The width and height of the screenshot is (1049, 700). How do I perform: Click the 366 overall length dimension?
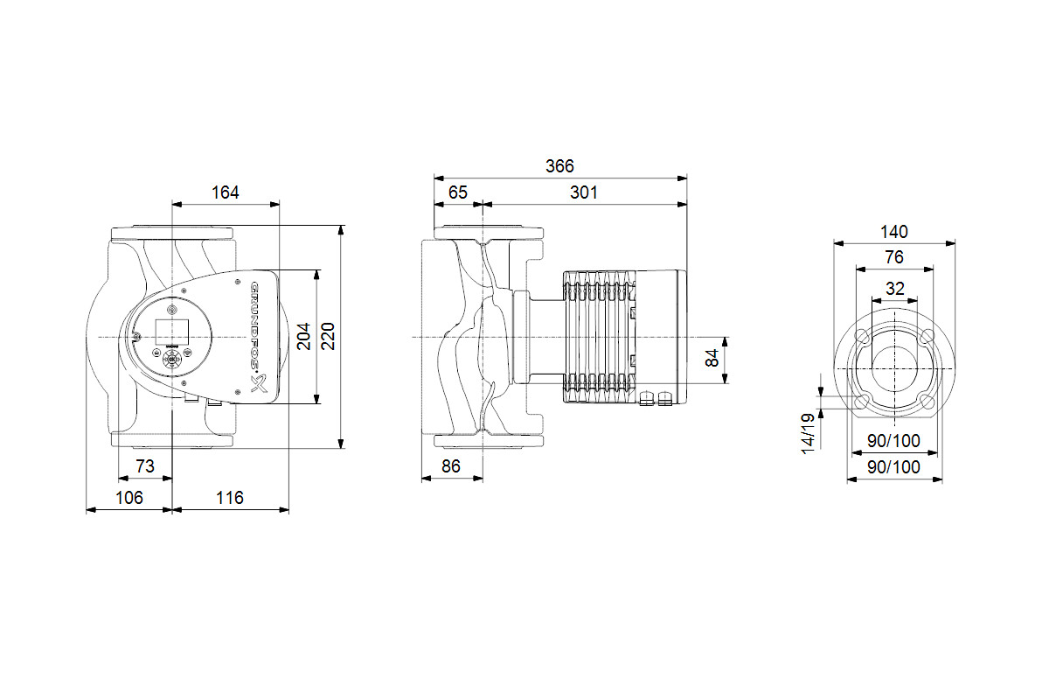tap(559, 166)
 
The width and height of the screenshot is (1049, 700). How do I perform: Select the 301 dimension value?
tap(584, 192)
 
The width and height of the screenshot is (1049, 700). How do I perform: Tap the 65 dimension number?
tap(457, 192)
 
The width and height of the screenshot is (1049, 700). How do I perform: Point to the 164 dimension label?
tap(226, 192)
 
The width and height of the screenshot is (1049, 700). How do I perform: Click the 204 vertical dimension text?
tap(304, 336)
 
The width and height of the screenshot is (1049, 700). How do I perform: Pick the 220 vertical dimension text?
tap(329, 336)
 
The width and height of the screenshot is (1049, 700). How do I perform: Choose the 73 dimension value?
tap(145, 466)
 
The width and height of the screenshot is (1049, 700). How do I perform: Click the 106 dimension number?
tap(129, 498)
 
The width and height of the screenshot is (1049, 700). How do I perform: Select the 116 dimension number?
tap(229, 498)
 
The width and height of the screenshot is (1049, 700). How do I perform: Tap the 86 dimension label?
tap(451, 466)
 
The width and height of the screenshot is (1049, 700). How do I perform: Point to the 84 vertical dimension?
tap(712, 358)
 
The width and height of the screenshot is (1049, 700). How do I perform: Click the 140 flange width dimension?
tap(894, 232)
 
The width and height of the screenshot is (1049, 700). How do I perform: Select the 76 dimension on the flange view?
tap(894, 257)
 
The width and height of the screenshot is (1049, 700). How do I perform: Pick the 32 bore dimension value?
tap(894, 289)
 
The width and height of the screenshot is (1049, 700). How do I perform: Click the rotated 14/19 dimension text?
tap(808, 434)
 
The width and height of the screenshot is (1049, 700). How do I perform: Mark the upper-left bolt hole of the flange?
tap(863, 336)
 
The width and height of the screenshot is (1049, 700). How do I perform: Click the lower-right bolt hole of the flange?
tap(927, 402)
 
